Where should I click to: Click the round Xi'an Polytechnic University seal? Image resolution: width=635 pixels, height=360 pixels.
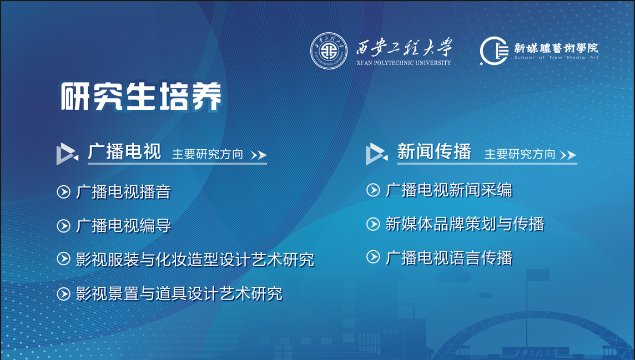329,50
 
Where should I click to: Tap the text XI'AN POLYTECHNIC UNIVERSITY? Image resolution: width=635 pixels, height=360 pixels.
404,63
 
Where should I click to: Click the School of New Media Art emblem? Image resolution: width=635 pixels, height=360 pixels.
494,50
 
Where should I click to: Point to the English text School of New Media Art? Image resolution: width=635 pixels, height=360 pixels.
556,58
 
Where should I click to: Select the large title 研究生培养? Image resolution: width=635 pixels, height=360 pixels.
141,97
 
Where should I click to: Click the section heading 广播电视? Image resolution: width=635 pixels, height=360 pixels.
124,151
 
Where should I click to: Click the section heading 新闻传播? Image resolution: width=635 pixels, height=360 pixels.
434,151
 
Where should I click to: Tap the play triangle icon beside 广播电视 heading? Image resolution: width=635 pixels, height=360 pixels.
67,154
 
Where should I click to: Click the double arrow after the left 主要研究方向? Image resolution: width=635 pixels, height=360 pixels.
258,155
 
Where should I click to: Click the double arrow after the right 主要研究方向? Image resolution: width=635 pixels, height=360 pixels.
568,155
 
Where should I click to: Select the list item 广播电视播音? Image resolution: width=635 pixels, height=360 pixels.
124,192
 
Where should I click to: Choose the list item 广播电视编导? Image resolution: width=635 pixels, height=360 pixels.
124,226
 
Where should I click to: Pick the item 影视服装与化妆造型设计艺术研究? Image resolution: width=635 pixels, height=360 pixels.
195,260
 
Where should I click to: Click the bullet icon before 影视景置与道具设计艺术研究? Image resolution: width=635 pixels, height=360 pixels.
64,293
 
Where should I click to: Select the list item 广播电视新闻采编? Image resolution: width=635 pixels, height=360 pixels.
449,190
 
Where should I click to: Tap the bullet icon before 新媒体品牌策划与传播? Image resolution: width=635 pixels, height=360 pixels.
373,224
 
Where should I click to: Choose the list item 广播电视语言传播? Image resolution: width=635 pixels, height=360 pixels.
449,258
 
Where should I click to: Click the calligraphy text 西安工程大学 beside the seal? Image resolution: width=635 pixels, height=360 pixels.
404,47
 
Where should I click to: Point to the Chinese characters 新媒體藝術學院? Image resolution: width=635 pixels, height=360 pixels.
556,48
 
